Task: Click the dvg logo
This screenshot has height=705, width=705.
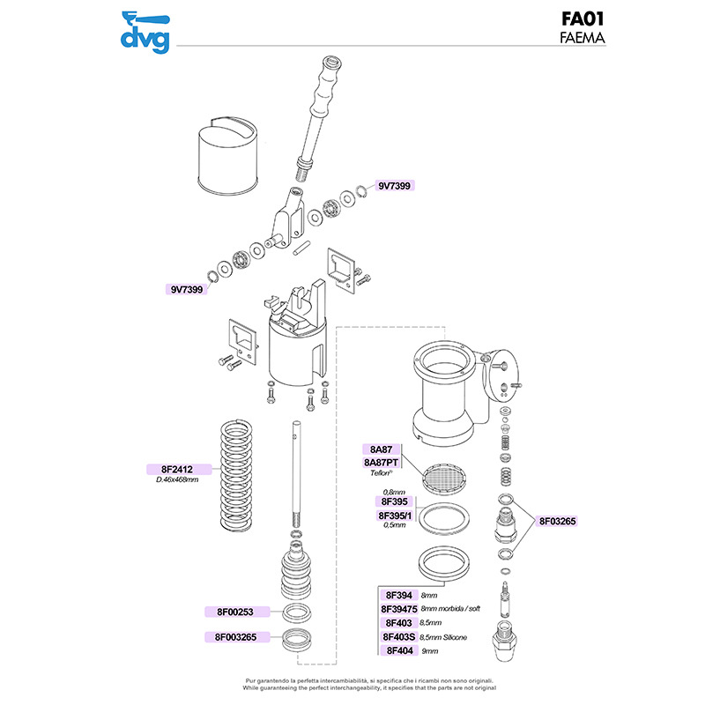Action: (145, 31)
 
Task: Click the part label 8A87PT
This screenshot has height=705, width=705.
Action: (381, 461)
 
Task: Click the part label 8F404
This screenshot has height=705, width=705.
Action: (395, 650)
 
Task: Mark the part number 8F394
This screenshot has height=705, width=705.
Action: (395, 595)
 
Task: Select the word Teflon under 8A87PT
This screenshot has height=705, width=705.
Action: (381, 473)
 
